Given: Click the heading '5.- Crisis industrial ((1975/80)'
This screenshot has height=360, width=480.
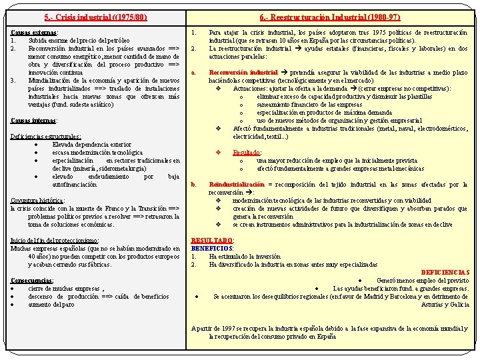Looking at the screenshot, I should click(x=95, y=17).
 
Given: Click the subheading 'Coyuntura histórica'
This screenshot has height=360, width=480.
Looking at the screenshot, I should click(x=37, y=200).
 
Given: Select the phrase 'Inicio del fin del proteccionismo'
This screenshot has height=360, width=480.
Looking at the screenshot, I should click(x=55, y=240).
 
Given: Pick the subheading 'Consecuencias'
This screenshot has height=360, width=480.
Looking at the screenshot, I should click(x=33, y=280).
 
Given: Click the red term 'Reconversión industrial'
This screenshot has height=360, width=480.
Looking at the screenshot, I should click(x=243, y=72).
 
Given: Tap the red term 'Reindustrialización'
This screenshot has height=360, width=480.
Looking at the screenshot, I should click(x=237, y=184).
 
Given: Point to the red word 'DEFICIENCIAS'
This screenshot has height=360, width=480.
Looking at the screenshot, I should click(x=445, y=272).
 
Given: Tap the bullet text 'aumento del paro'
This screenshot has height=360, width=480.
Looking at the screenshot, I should click(x=51, y=304).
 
